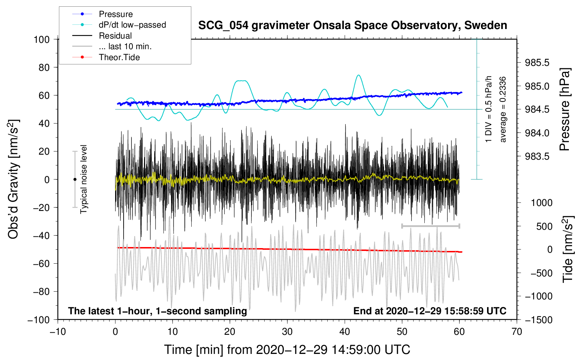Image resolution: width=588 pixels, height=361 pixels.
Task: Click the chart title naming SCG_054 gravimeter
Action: pos(352,25)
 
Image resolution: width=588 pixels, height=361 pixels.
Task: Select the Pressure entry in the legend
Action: pos(116,14)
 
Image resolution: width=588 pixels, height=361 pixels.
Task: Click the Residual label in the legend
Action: pos(115,36)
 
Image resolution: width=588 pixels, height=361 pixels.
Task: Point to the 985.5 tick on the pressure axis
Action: pos(537,63)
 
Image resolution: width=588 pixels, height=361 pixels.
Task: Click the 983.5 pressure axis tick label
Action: pos(537,156)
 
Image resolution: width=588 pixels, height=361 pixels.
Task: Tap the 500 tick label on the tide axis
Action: pos(544,227)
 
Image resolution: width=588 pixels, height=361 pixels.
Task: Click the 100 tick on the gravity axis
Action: pos(42,40)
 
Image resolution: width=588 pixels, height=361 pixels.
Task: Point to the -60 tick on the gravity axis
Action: pos(41,264)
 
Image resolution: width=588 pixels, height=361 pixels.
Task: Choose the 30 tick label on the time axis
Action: pos(287,332)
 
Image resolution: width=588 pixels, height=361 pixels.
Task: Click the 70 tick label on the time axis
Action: pos(516,332)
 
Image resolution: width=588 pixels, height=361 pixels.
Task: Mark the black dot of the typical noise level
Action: pos(75,179)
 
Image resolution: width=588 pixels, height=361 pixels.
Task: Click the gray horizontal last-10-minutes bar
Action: pos(430,226)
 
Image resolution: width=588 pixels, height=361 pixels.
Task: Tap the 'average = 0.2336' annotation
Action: pos(503,109)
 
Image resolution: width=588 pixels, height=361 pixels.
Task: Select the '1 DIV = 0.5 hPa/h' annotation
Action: pos(488,109)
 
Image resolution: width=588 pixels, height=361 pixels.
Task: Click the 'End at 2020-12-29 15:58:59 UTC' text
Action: pos(430,311)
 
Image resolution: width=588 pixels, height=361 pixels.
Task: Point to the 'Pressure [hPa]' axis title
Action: pos(565,109)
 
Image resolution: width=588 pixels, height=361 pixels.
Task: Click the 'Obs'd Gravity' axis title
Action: pos(14,179)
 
